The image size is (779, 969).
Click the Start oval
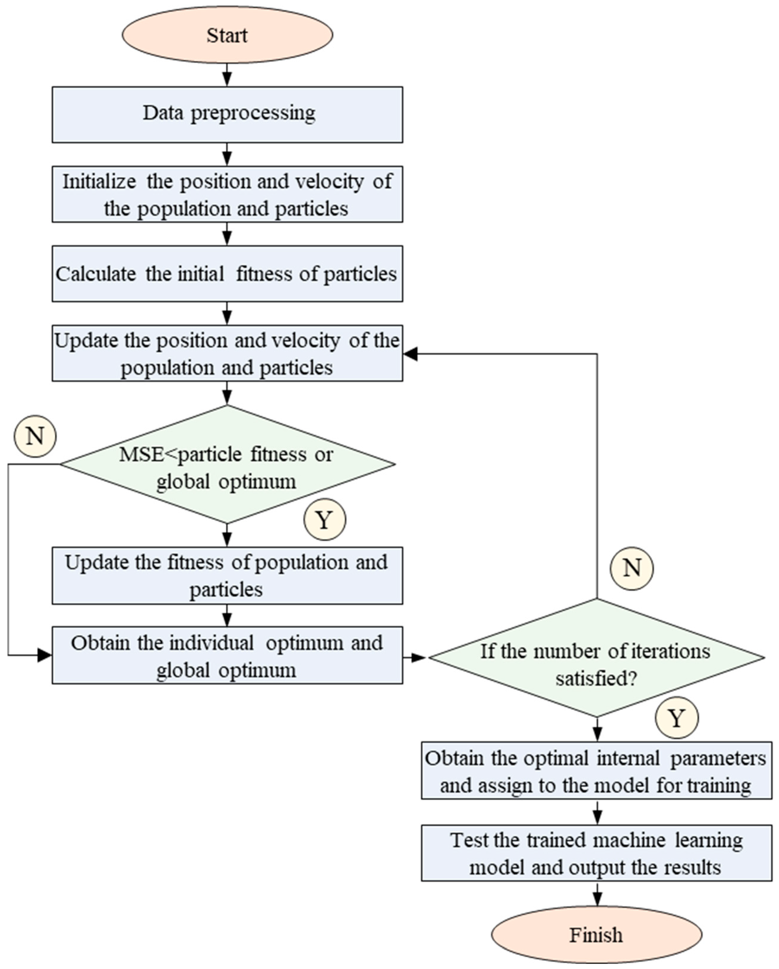click(227, 35)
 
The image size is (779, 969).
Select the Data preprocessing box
click(227, 115)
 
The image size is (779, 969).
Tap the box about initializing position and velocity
click(227, 194)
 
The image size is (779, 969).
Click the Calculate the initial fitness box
click(227, 274)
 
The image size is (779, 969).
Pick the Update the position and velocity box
click(227, 353)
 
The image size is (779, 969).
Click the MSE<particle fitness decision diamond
click(227, 464)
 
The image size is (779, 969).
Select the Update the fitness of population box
click(227, 575)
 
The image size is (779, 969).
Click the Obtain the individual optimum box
click(227, 655)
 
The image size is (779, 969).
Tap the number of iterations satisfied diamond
click(596, 657)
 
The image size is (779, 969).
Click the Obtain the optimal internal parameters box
click(596, 770)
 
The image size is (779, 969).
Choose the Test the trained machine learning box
click(596, 853)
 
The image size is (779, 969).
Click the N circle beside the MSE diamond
click(35, 436)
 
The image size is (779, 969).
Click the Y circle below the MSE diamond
click(325, 520)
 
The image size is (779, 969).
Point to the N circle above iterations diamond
click(631, 568)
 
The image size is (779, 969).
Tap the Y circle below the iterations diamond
click(677, 718)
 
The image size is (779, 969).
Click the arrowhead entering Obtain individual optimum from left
click(45, 655)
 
